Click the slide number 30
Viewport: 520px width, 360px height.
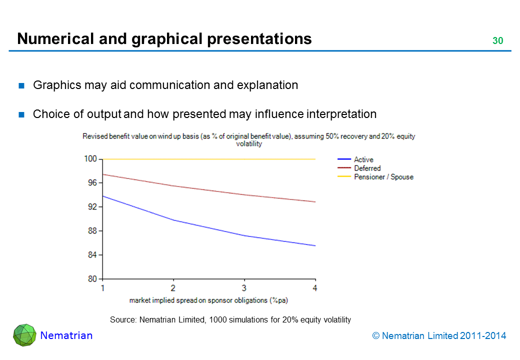pos(497,41)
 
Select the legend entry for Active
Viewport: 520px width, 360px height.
pos(363,159)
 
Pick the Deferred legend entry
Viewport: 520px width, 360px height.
pos(367,168)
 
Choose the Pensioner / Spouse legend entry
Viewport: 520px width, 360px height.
pos(383,177)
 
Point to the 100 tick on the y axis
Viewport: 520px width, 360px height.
pos(90,159)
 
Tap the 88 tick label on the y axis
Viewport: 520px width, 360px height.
pos(92,231)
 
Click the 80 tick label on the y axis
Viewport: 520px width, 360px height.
pos(92,279)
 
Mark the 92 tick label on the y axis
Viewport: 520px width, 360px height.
pos(92,207)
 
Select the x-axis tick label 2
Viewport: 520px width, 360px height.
pos(173,288)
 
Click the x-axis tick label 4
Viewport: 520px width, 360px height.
pos(315,288)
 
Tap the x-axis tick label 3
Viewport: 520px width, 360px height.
pos(244,288)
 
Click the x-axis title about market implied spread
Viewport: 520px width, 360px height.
pos(209,300)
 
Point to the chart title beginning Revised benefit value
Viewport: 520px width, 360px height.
pos(249,139)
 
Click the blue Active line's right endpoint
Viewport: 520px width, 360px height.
pos(315,245)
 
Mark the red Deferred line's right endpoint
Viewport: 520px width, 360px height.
pos(315,202)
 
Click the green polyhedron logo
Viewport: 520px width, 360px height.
pos(24,335)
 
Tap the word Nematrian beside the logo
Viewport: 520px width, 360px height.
pos(66,335)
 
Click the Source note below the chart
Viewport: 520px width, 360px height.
pos(230,319)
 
